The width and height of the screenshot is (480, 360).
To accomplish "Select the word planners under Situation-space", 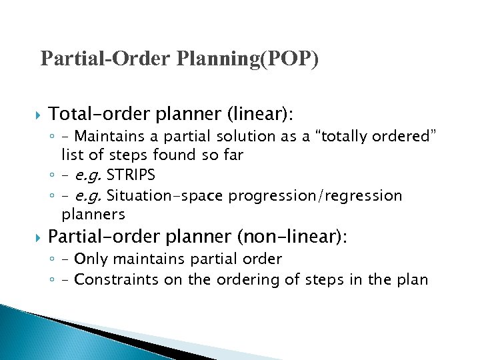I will [93, 215].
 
